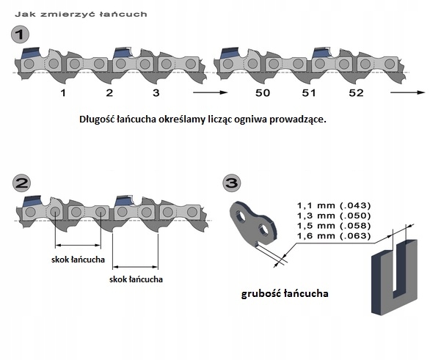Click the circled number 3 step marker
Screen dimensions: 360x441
233,183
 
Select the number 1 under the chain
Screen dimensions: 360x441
63,93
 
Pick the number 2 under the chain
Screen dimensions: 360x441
109,93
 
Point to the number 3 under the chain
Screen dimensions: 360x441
156,93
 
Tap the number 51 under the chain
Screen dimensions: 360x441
309,93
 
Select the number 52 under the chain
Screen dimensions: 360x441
356,93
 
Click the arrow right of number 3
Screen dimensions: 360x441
208,94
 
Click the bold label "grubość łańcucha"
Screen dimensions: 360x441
285,294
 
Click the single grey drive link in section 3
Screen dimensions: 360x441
254,224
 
